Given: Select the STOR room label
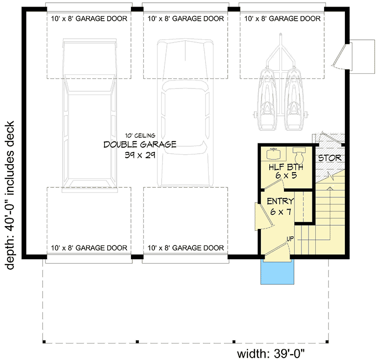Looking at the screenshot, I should pyautogui.click(x=329, y=158).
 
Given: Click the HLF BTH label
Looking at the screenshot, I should pyautogui.click(x=286, y=167).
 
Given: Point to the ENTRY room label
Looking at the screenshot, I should pyautogui.click(x=281, y=202).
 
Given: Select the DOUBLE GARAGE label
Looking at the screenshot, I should pyautogui.click(x=140, y=145).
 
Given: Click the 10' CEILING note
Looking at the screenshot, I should pyautogui.click(x=140, y=134).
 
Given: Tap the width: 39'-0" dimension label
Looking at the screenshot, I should pyautogui.click(x=274, y=352).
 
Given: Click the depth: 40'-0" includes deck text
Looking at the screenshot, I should pyautogui.click(x=10, y=195).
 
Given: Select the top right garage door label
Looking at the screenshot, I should pyautogui.click(x=282, y=19).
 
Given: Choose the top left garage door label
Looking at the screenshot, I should pyautogui.click(x=89, y=19).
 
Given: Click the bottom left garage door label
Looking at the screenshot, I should pyautogui.click(x=89, y=248).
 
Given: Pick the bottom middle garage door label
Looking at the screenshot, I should pyautogui.click(x=185, y=248).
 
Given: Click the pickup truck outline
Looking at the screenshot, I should pyautogui.click(x=89, y=114).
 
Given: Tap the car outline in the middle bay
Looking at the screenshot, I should pyautogui.click(x=184, y=114).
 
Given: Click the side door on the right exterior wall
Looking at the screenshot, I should pyautogui.click(x=341, y=56).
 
